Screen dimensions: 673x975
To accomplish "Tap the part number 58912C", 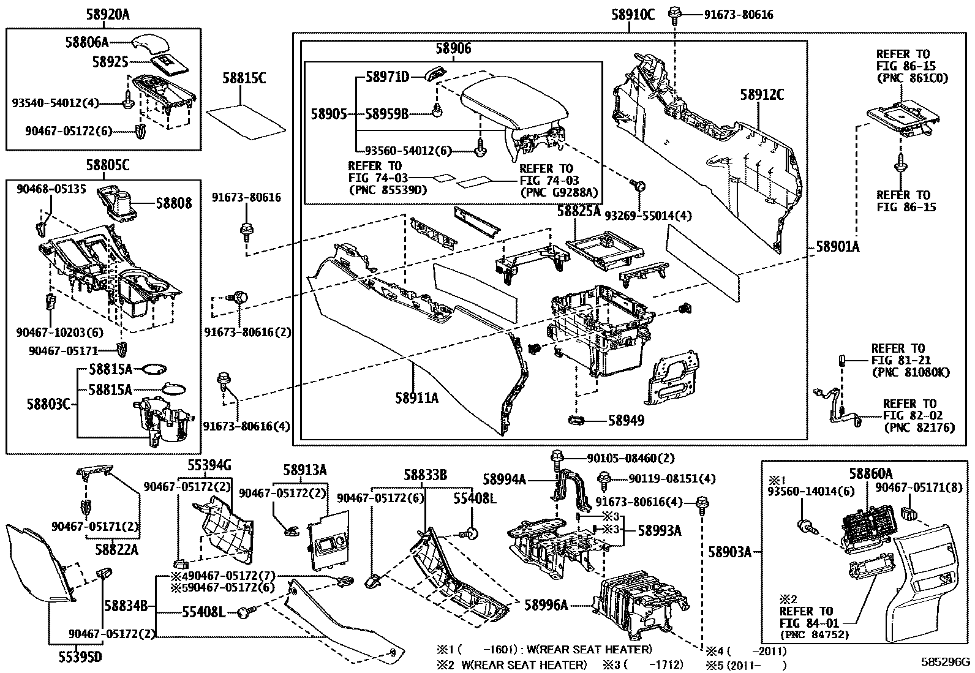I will (761, 95).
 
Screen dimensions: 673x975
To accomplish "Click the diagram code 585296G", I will (947, 662).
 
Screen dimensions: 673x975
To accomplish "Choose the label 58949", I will (626, 421).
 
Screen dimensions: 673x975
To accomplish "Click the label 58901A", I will (837, 247).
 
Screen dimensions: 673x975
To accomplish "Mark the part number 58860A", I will (870, 473).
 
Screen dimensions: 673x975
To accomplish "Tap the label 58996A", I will (546, 605).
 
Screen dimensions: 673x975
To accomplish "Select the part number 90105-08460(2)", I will (622, 458).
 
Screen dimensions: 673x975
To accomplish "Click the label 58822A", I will (116, 549).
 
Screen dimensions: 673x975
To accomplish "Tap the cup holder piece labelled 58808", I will (119, 201).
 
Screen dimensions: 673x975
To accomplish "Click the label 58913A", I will (304, 470).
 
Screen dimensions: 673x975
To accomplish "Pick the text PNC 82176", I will (919, 428).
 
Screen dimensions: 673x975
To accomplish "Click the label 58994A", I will (504, 479).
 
